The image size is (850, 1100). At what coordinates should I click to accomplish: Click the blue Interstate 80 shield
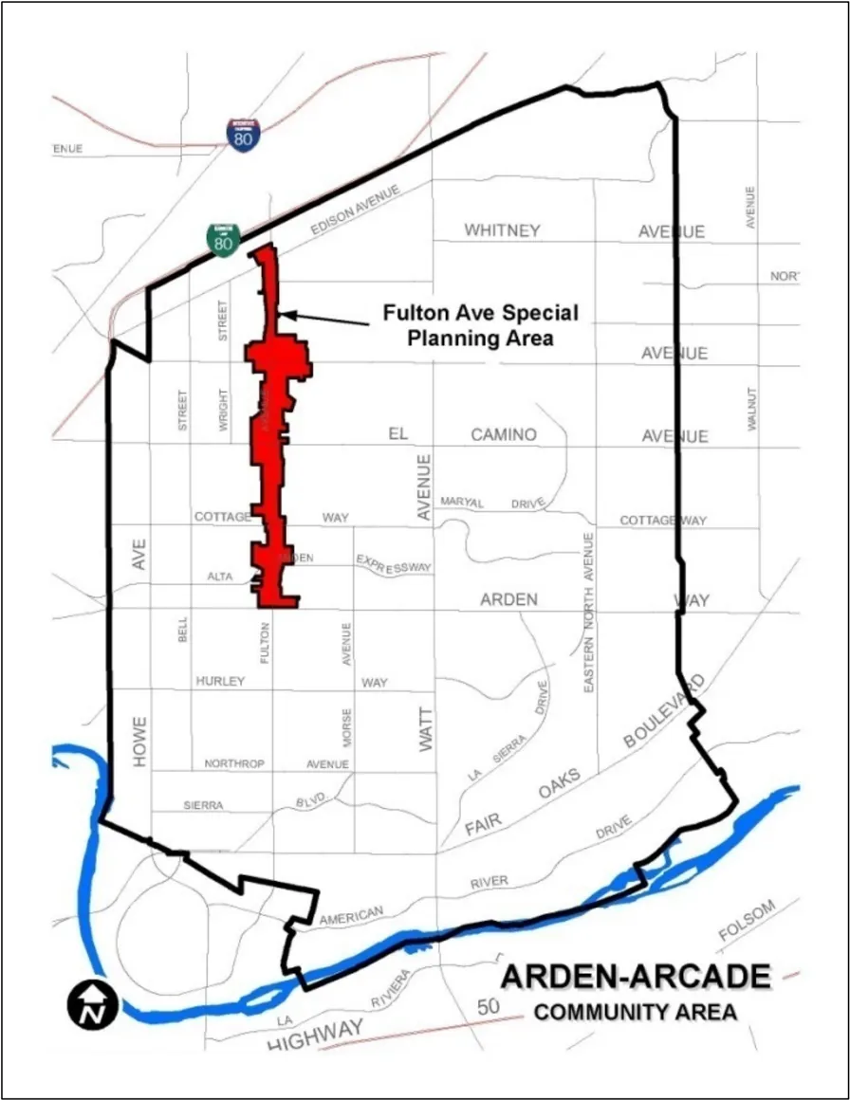click(241, 134)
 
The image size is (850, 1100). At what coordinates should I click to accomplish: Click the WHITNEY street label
click(502, 230)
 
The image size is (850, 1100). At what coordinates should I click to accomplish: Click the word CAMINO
click(504, 434)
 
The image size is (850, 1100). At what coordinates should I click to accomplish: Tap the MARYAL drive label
click(463, 502)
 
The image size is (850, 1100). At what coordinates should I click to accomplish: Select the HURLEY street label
click(220, 681)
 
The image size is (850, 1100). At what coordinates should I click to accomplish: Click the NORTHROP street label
click(234, 763)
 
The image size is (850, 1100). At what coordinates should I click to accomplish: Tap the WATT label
click(425, 730)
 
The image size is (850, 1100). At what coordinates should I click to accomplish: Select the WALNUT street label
click(752, 409)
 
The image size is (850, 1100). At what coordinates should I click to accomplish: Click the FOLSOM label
click(747, 920)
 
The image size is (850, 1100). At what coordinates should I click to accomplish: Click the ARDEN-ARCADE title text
click(636, 977)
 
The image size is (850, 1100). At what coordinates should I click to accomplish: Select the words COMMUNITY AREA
click(636, 1012)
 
